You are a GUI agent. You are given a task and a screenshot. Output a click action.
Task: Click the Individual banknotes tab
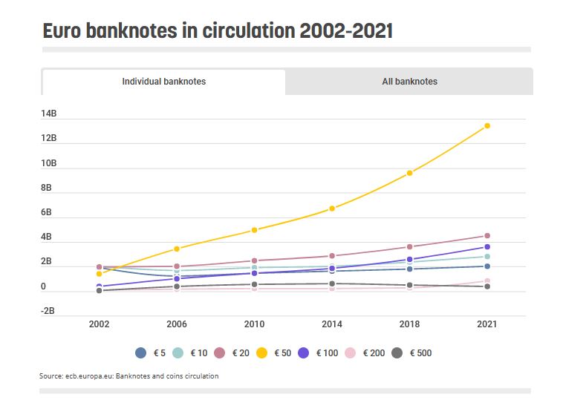[x=163, y=82]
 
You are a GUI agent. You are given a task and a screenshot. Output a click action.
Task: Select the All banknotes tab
[x=409, y=82]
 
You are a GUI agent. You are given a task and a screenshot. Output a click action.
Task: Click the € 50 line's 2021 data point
[x=487, y=125]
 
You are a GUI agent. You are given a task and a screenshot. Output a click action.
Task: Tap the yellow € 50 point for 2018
[x=409, y=173]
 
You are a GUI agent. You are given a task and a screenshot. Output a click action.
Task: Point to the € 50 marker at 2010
[x=254, y=230]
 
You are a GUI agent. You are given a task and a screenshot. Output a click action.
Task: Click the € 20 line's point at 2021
[x=487, y=236]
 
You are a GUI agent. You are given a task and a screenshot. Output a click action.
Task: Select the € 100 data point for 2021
[x=487, y=247]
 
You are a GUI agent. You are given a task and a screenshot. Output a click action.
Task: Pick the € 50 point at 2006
[x=177, y=249]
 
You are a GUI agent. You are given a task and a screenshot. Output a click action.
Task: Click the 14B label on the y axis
[x=49, y=114]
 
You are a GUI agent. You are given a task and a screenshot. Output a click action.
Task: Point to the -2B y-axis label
[x=48, y=312]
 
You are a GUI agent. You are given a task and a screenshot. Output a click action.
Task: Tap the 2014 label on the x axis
[x=332, y=324]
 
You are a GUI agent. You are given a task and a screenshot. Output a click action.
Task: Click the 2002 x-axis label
[x=99, y=324]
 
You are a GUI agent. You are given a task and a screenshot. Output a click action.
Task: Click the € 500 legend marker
[x=397, y=353]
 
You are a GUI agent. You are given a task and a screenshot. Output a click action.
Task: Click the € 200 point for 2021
[x=487, y=281]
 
